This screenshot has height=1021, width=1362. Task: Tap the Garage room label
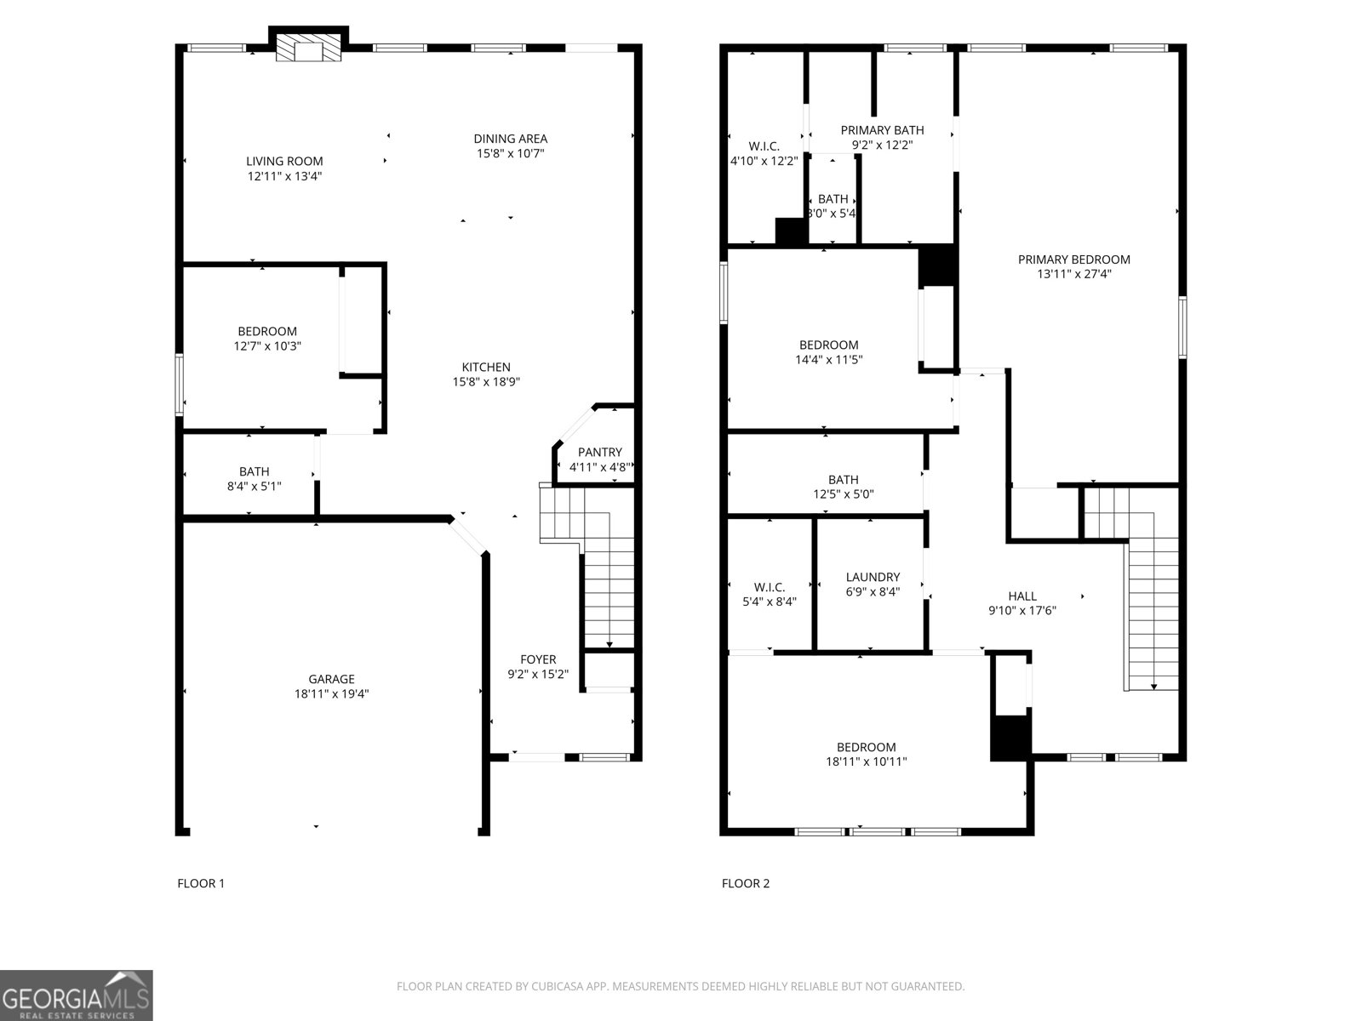(x=331, y=679)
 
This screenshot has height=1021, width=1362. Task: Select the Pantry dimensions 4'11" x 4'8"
(x=599, y=467)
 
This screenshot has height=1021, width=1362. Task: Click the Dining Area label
(x=510, y=139)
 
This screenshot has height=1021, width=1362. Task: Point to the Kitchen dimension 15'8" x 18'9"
(x=486, y=382)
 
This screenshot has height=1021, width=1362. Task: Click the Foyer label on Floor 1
(x=538, y=659)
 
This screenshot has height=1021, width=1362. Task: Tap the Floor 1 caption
(x=201, y=883)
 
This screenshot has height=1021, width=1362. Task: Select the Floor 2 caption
(x=746, y=883)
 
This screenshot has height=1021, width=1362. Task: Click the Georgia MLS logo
(x=77, y=995)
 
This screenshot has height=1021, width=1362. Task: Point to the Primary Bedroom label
(x=1074, y=260)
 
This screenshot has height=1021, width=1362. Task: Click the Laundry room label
(x=873, y=577)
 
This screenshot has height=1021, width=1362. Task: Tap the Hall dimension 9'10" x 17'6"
(x=1021, y=610)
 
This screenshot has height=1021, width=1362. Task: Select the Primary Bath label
(x=882, y=130)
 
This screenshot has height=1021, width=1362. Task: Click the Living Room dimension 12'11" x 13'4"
(x=284, y=176)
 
